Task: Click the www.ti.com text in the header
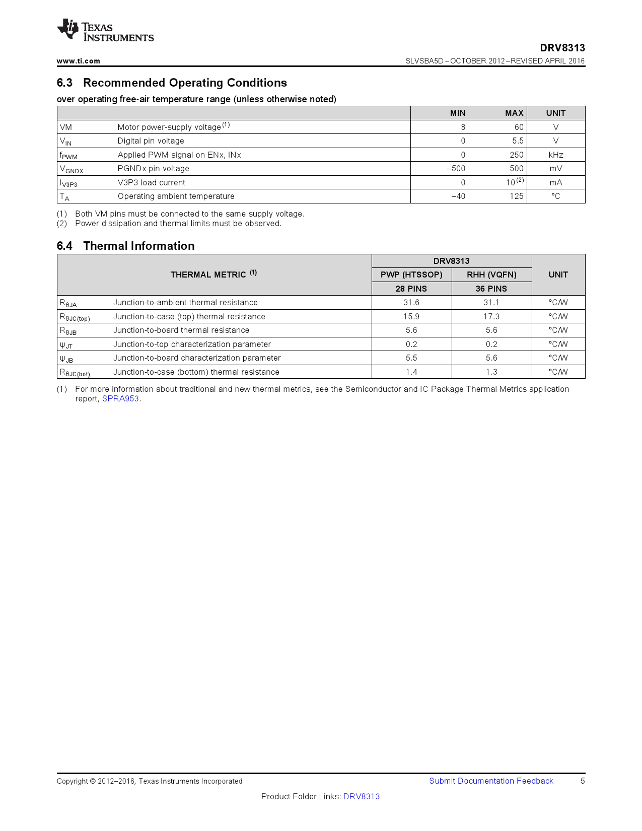78,61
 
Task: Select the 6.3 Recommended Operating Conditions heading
172,83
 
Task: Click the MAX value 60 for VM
519,127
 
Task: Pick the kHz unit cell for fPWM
555,155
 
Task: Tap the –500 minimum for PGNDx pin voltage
456,169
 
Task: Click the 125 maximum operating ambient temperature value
516,196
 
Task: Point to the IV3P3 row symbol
68,183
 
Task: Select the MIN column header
457,113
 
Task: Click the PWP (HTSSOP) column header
411,274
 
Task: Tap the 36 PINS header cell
491,289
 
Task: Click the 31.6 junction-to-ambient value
411,303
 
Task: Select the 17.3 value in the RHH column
491,317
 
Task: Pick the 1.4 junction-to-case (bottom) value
411,372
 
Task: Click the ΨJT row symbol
66,345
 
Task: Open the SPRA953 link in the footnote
120,399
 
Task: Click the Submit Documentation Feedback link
491,781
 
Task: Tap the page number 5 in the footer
583,781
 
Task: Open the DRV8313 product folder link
361,797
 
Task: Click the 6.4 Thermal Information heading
125,246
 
